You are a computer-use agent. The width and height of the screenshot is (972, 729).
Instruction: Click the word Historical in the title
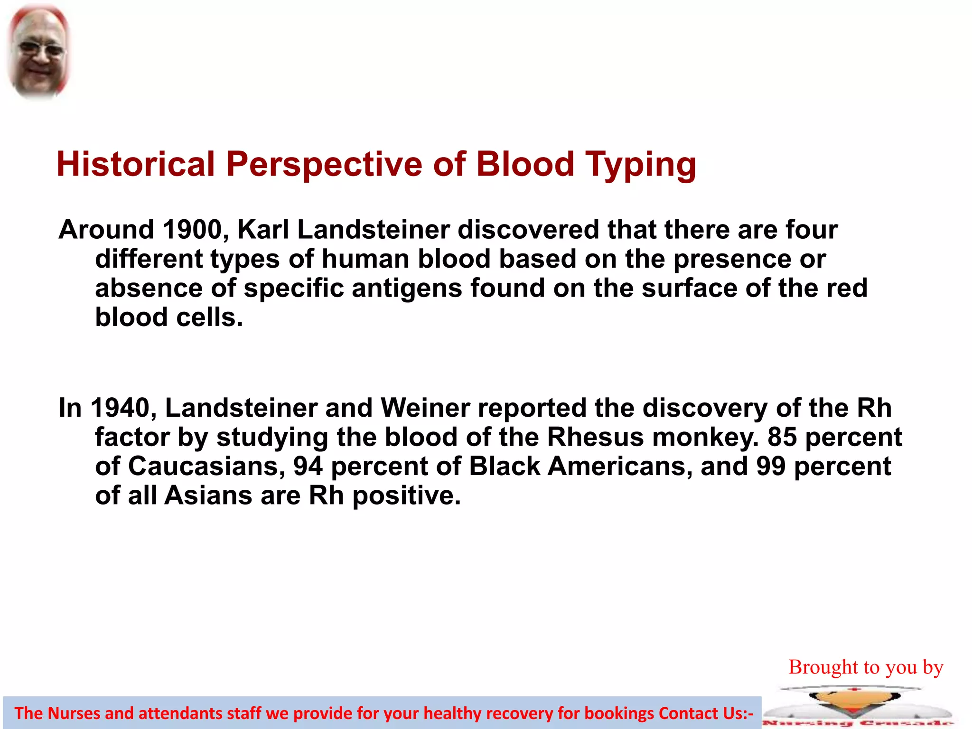coord(136,164)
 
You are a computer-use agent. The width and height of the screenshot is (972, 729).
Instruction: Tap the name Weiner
coord(425,408)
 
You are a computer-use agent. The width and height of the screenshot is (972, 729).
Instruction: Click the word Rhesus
coord(596,437)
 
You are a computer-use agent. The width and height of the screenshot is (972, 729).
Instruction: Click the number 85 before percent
coord(783,437)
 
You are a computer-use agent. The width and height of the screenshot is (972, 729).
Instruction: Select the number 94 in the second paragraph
coord(308,466)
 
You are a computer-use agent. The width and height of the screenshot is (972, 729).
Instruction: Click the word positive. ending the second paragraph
coord(407,495)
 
